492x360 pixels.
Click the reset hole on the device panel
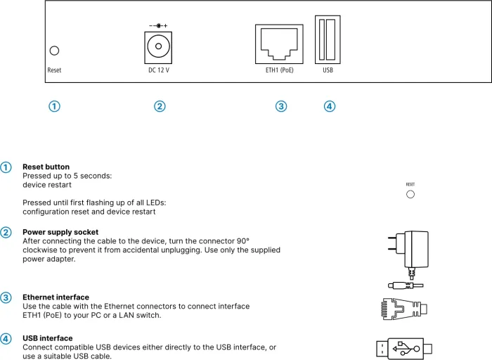(54, 51)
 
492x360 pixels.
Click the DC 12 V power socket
(158, 48)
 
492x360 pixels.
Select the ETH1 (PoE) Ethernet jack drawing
(279, 44)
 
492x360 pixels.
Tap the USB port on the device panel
(328, 39)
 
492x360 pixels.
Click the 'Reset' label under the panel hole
(54, 70)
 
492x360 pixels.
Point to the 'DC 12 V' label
(158, 70)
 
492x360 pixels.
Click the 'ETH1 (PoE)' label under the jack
(279, 70)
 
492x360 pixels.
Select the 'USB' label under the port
(328, 70)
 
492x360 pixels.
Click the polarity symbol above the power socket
(158, 25)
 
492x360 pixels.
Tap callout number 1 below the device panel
(54, 106)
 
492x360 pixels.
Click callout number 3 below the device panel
(281, 106)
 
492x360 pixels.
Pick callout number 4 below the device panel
(330, 106)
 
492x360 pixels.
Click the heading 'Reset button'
(46, 167)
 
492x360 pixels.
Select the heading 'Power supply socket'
(60, 232)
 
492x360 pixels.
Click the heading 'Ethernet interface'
(56, 297)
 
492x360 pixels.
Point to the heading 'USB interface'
(47, 338)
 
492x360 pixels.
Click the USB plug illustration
(404, 347)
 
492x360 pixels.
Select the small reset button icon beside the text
(410, 194)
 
